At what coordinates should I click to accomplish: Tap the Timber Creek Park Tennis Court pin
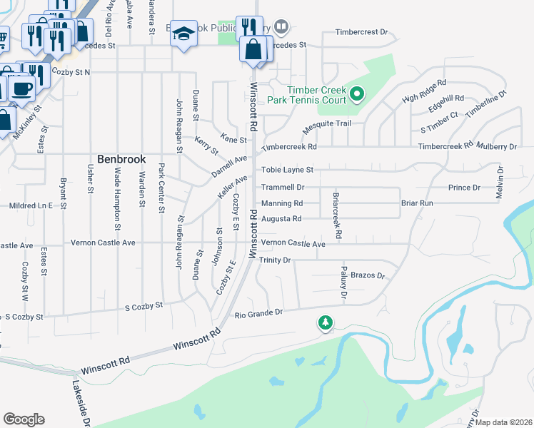click(x=358, y=93)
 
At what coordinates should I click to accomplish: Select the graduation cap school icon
click(x=183, y=34)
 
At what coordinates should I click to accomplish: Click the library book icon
click(x=281, y=28)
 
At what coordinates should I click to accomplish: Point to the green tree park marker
click(x=326, y=322)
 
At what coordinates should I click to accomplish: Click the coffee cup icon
click(x=21, y=89)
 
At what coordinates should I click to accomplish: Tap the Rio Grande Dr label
click(x=259, y=312)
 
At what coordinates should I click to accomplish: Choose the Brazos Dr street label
click(x=368, y=275)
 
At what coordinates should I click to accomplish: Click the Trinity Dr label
click(x=275, y=260)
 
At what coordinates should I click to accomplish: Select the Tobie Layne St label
click(x=287, y=170)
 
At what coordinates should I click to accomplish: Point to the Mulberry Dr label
click(x=499, y=146)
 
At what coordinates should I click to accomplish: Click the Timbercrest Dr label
click(x=362, y=32)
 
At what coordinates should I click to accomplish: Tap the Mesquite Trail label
click(x=328, y=123)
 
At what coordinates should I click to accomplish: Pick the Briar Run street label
click(x=417, y=203)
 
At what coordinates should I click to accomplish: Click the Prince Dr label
click(x=464, y=187)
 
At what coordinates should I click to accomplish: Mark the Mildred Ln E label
click(x=31, y=205)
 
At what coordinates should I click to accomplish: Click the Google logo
click(x=24, y=419)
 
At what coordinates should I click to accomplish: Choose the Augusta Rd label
click(x=281, y=218)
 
